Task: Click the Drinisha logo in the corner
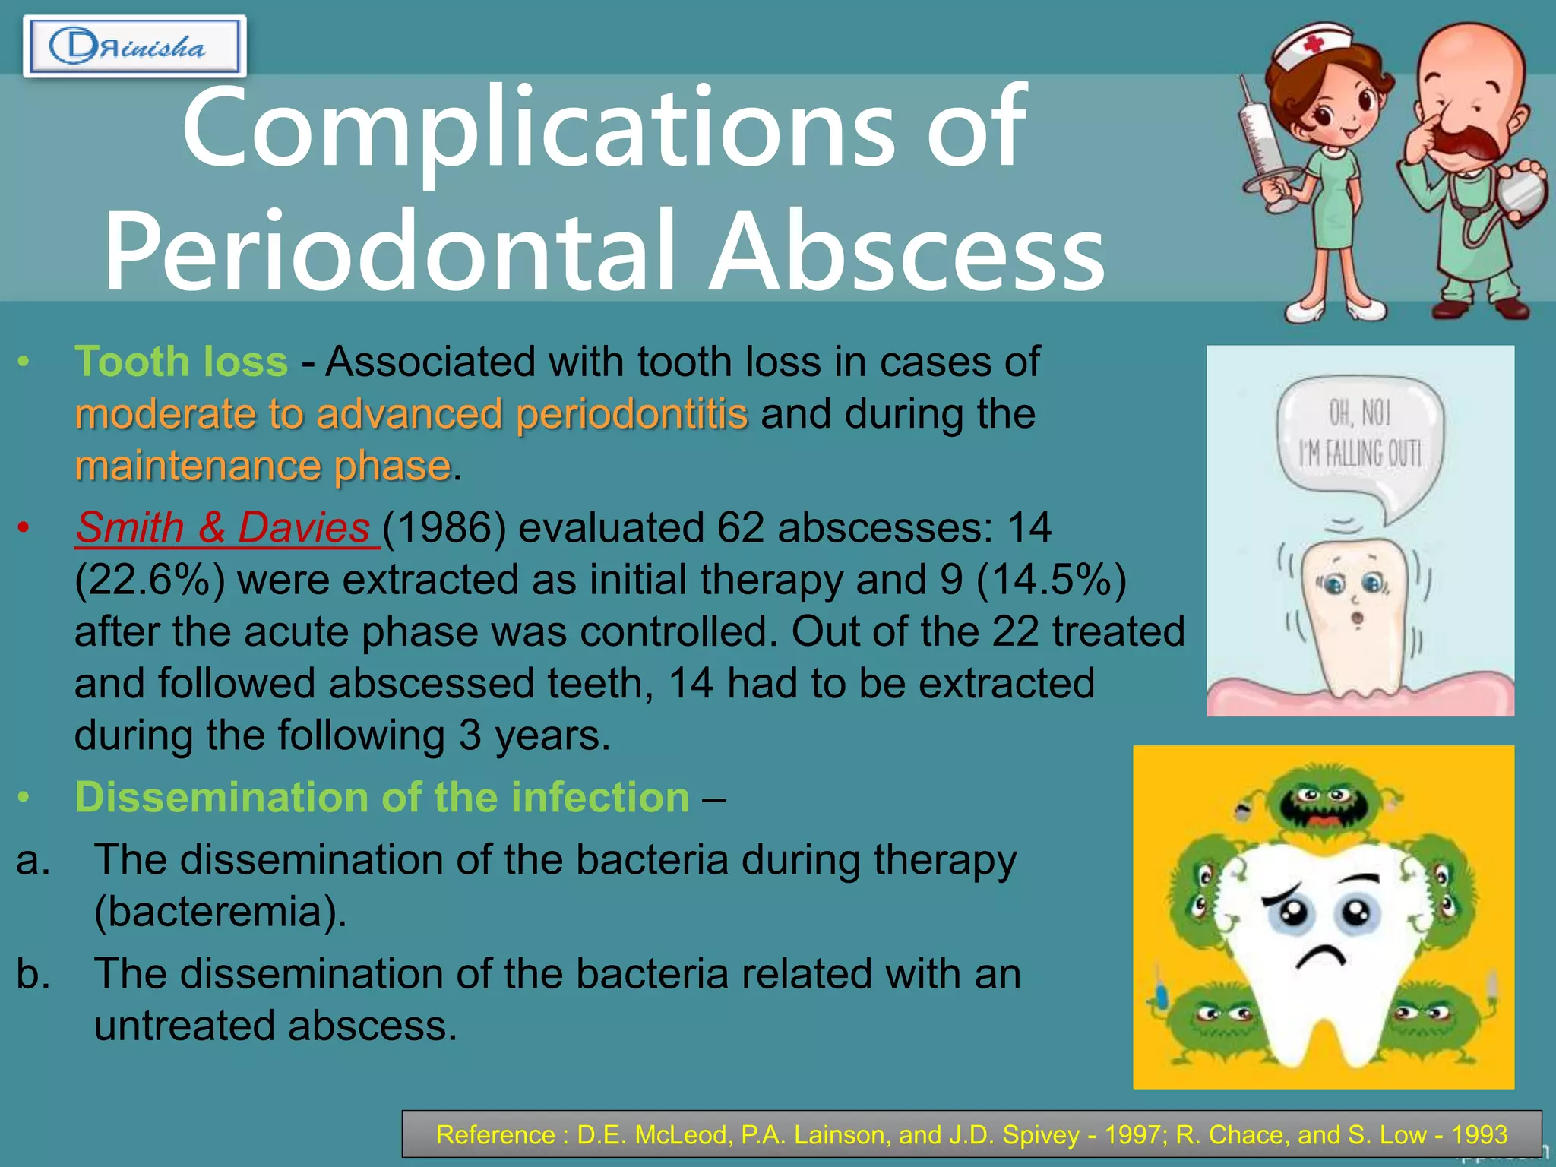pos(134,47)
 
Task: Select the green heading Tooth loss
pos(182,361)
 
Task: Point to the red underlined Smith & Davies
pos(223,527)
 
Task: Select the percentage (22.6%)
pos(150,580)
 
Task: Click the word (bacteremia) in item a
pos(220,911)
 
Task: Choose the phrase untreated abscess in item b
pos(274,1025)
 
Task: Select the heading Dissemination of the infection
pos(382,797)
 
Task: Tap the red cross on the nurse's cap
pos(1314,45)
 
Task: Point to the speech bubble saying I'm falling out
pos(1360,441)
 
